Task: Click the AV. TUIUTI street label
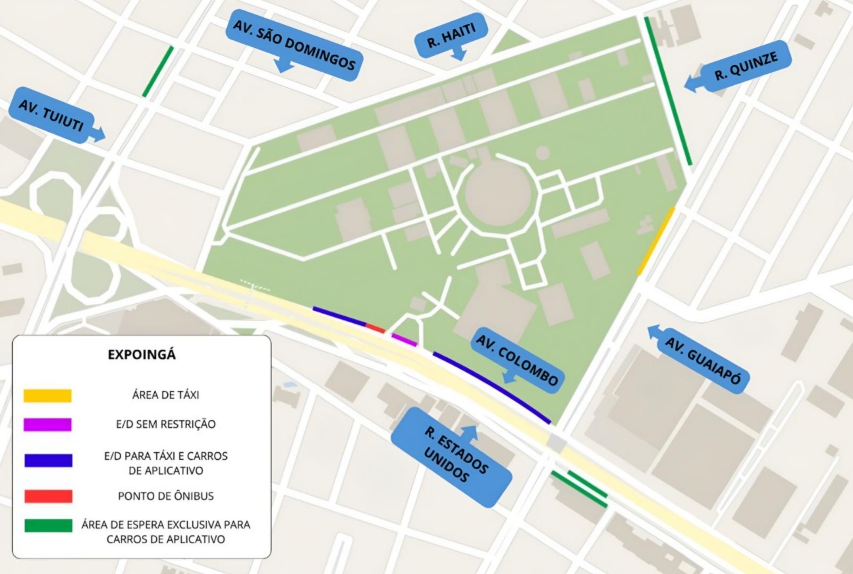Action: point(52,115)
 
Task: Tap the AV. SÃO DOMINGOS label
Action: point(294,47)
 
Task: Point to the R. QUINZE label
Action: point(746,66)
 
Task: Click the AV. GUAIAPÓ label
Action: point(703,360)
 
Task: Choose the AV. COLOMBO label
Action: point(517,360)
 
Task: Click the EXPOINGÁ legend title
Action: point(141,354)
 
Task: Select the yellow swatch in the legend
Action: point(47,395)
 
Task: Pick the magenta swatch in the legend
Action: point(47,424)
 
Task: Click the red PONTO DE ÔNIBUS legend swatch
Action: point(48,496)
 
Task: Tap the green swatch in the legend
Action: point(48,525)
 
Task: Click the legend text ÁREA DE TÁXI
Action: point(165,395)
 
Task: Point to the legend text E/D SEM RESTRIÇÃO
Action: point(165,424)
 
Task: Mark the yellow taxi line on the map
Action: point(656,241)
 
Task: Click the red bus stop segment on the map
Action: point(375,328)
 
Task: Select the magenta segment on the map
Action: point(404,340)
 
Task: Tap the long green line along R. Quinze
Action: point(668,90)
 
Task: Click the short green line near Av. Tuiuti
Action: point(158,71)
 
